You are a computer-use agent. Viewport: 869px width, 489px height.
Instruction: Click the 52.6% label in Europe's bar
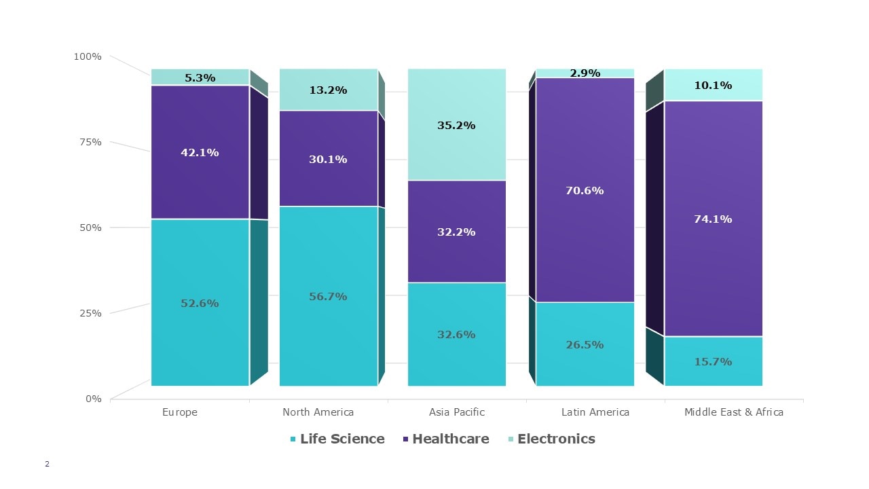coord(200,304)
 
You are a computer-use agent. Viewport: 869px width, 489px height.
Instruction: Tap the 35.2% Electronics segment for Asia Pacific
coord(456,125)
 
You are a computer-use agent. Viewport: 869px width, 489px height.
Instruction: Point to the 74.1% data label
coord(713,219)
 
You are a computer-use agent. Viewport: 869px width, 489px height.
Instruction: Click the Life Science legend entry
coord(337,439)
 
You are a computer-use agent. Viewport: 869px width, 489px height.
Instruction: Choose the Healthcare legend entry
coord(445,439)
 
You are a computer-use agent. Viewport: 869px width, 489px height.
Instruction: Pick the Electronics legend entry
coord(551,439)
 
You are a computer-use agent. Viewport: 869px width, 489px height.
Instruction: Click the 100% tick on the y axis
coord(87,56)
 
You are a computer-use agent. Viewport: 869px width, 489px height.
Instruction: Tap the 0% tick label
coord(93,399)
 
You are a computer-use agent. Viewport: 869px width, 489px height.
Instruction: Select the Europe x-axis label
coord(180,412)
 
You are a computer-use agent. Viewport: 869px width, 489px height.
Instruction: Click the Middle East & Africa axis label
coord(734,412)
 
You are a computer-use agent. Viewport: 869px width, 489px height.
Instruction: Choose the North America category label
coord(318,412)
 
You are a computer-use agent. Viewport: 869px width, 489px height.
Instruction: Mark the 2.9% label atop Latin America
coord(585,73)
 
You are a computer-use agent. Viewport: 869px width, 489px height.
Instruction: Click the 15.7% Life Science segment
coord(713,361)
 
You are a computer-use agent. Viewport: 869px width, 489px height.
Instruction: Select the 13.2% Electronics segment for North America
coord(328,90)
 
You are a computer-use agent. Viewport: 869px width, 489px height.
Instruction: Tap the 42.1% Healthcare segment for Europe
coord(200,153)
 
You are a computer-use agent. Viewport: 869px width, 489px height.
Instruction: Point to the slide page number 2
coord(47,465)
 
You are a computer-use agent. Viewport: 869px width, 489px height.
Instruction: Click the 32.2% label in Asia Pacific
coord(456,232)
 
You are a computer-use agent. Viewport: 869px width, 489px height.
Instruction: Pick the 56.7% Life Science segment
coord(328,296)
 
